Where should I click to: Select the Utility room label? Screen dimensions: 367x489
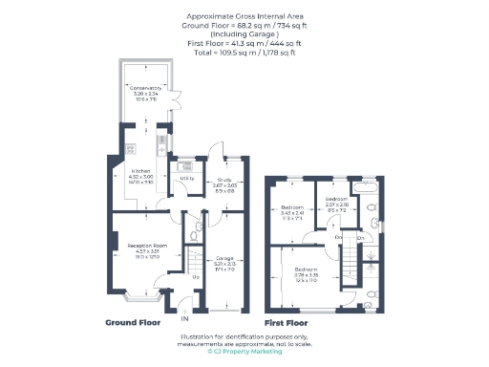tap(187, 179)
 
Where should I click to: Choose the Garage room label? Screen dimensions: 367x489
tap(224, 259)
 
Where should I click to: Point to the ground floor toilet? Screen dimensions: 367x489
tap(194, 234)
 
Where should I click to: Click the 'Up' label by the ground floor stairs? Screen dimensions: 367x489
tap(197, 278)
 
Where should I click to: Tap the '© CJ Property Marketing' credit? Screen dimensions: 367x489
tap(244, 352)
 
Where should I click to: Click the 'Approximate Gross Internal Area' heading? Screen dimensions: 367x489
tap(244, 17)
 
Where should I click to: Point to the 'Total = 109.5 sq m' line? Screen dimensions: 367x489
tap(244, 53)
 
